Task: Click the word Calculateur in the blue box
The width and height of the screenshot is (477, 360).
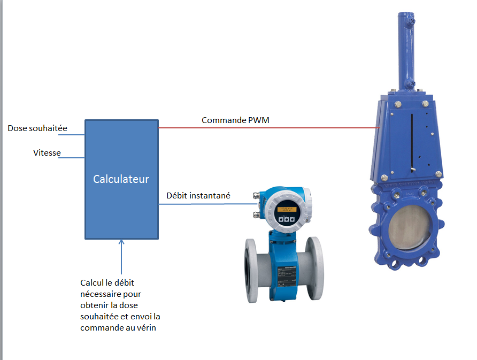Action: click(121, 179)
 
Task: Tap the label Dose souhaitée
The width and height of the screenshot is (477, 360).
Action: click(38, 129)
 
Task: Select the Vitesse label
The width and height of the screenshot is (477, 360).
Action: click(47, 153)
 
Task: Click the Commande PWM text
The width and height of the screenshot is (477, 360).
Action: click(235, 120)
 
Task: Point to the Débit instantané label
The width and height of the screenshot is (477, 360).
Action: click(198, 196)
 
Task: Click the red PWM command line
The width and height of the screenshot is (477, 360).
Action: click(267, 128)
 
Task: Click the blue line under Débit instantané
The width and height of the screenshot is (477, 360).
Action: click(209, 204)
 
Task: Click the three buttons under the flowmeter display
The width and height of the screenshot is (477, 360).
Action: click(287, 219)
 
